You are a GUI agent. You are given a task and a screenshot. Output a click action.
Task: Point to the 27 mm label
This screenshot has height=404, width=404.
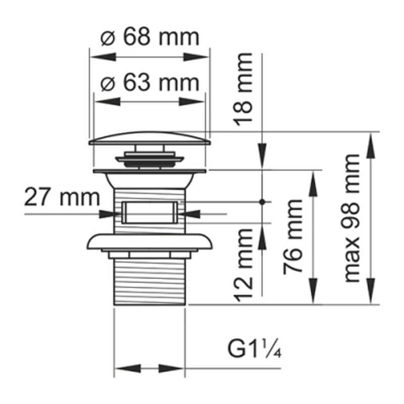[61, 197]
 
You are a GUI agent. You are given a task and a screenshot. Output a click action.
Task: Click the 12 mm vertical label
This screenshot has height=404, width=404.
[244, 265]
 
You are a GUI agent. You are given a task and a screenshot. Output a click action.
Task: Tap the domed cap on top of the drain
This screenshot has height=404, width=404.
[149, 137]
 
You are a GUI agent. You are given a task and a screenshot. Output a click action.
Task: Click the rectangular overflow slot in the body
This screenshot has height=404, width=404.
[149, 212]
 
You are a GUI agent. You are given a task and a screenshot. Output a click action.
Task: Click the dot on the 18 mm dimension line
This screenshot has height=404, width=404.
[262, 201]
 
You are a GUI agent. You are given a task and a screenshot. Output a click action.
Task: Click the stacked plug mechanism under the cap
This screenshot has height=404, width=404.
[149, 157]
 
